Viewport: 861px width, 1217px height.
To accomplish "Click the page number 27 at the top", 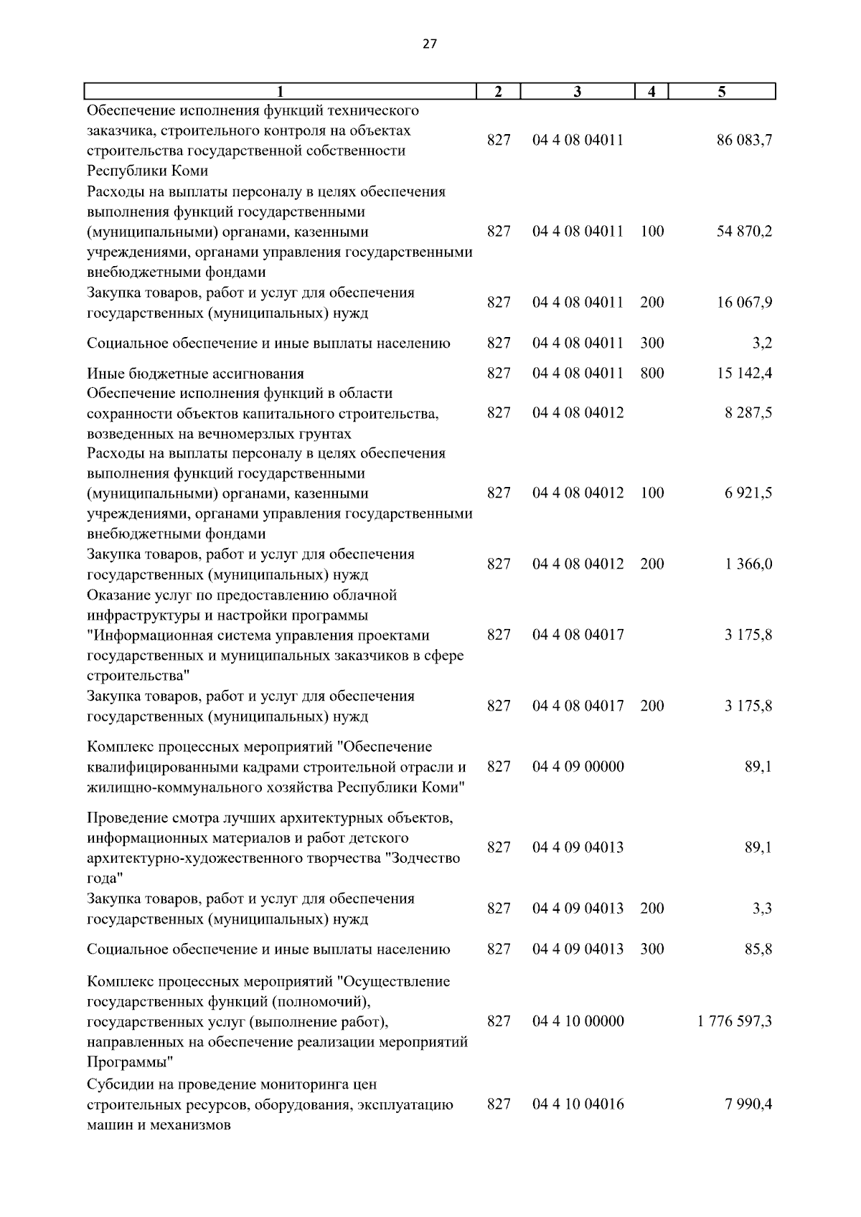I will click(429, 44).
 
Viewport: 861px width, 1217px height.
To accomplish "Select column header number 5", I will click(722, 92).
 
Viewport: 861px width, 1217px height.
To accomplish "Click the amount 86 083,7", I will click(744, 141).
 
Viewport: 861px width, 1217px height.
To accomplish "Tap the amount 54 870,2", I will click(744, 232).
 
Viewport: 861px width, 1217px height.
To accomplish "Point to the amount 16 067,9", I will click(744, 303).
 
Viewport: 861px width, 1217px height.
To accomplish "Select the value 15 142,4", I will click(744, 374).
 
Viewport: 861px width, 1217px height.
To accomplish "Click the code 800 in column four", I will click(651, 374).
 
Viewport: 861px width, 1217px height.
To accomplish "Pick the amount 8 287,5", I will click(748, 413).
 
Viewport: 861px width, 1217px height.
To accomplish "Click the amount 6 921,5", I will click(748, 493).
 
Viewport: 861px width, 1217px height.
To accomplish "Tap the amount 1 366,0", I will click(748, 564).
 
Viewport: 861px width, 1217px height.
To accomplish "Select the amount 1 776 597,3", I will click(734, 1021).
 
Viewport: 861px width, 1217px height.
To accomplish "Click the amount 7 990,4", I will click(748, 1104).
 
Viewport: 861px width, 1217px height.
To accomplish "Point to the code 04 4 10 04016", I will click(578, 1104).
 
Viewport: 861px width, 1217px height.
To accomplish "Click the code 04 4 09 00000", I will click(578, 767).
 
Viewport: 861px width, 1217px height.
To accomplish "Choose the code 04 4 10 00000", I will click(578, 1021).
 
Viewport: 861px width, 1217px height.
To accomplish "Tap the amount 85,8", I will click(758, 950).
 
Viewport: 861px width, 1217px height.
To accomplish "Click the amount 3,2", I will click(762, 344).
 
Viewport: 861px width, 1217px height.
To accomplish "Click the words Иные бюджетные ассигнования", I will click(195, 374).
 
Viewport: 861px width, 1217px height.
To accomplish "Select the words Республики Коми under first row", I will click(147, 171).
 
